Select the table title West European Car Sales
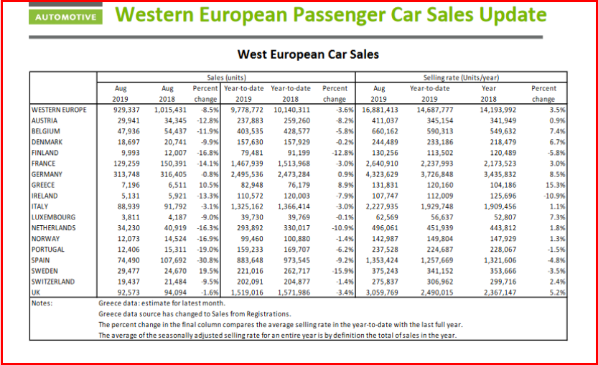click(308, 54)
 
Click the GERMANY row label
click(48, 174)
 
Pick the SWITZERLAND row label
click(55, 282)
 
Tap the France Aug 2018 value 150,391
click(171, 163)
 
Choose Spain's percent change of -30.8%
click(205, 260)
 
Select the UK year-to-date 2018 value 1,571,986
click(291, 293)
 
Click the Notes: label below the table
click(45, 303)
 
